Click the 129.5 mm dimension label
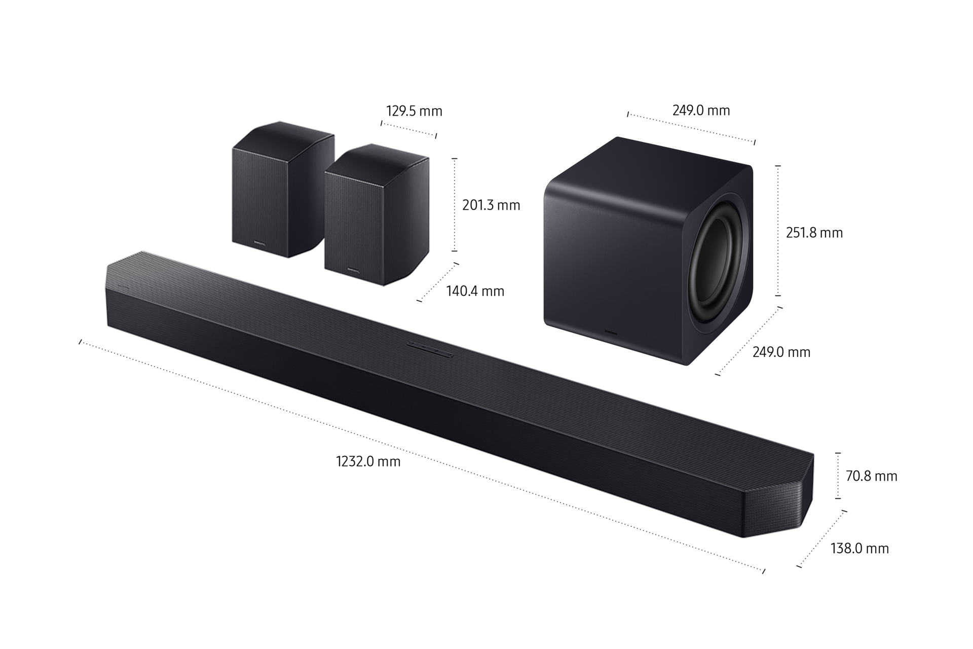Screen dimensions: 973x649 pos(414,111)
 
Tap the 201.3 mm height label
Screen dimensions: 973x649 pos(491,205)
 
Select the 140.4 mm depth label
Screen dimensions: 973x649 pos(475,291)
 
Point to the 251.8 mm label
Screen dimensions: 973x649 pos(814,233)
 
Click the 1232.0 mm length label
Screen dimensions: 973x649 pos(368,461)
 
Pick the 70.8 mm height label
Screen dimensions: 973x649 pos(872,476)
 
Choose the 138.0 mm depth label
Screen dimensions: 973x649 pos(859,548)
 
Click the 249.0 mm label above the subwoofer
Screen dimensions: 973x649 pos(701,110)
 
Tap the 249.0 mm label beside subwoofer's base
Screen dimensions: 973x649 pos(781,352)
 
